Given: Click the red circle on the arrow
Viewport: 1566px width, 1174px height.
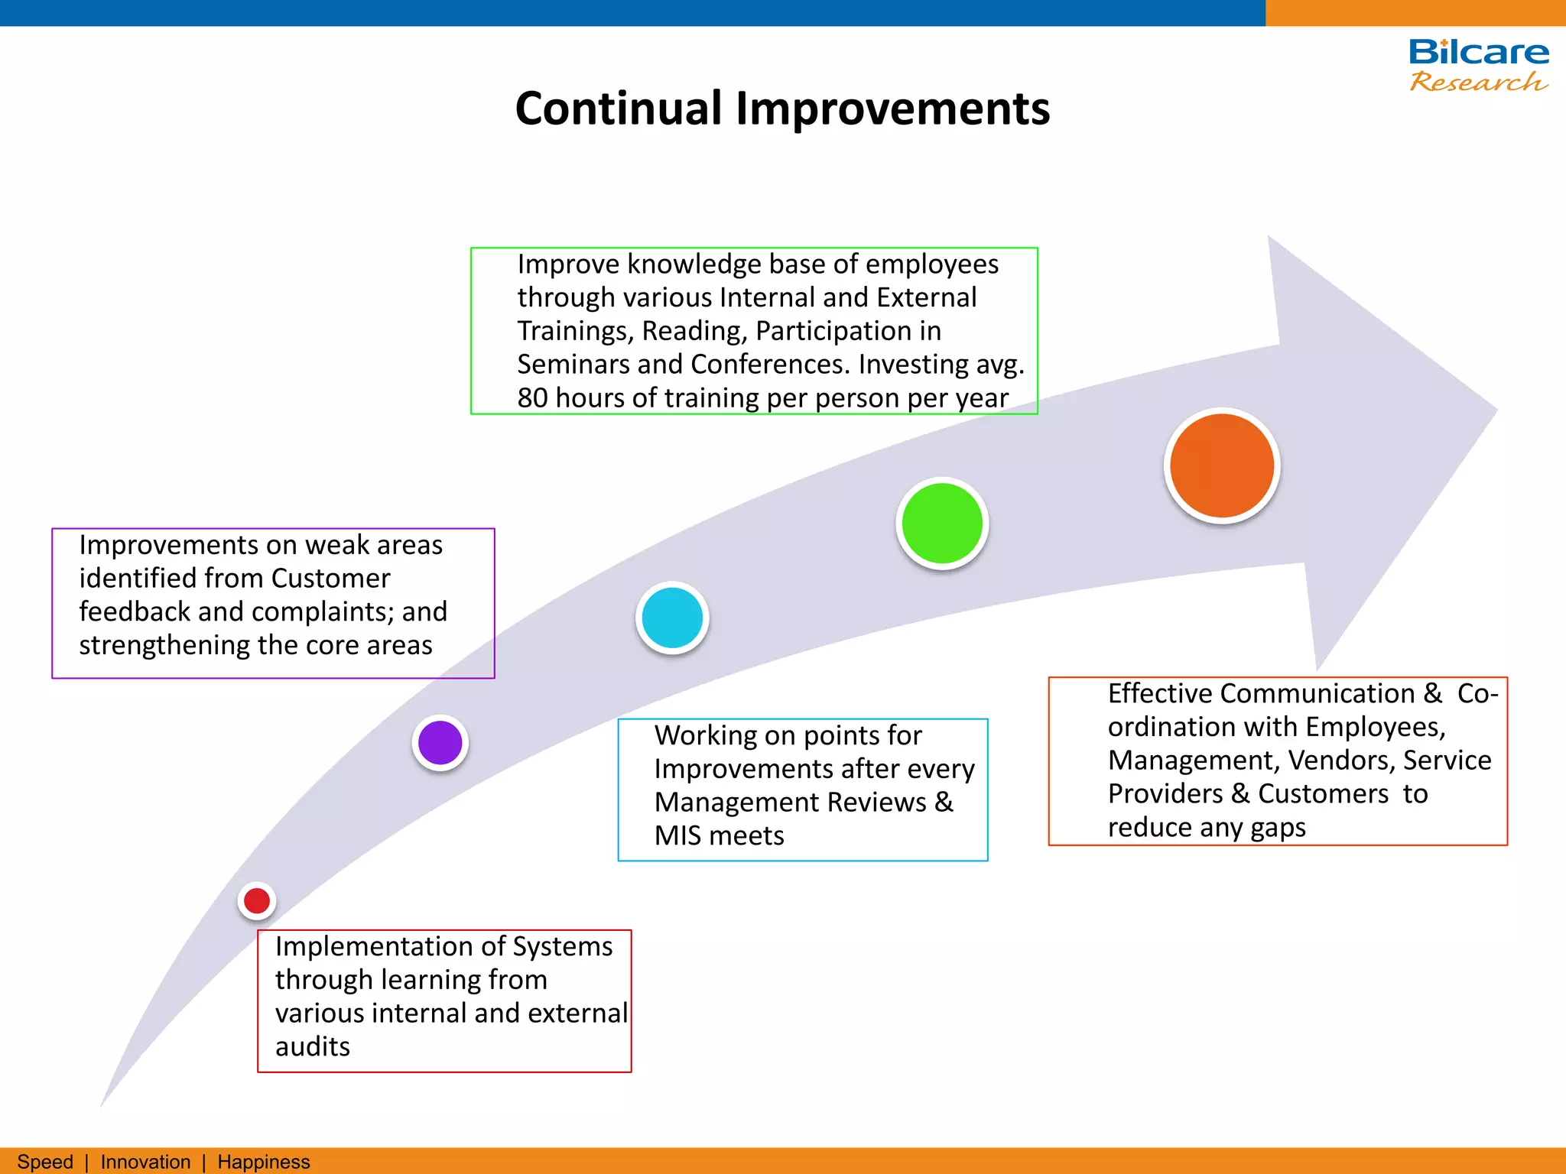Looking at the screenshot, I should point(257,900).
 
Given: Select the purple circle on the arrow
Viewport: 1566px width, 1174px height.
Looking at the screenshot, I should point(440,742).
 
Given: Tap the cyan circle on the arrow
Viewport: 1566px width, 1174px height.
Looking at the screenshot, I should point(672,618).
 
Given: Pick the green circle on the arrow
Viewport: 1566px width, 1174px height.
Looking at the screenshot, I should point(942,524).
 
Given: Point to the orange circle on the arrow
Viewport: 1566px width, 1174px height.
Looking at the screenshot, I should point(1222,465).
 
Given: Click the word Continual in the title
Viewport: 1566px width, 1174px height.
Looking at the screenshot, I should point(618,108).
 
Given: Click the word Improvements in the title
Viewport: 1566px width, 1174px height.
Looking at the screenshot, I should point(892,108).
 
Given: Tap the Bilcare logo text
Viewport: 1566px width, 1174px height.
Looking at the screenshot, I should point(1478,52).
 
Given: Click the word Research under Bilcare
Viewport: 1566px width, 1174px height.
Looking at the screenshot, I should point(1478,81).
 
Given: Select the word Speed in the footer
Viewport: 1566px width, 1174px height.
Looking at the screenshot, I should point(45,1162).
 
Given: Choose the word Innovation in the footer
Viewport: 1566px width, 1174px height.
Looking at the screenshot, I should point(145,1162).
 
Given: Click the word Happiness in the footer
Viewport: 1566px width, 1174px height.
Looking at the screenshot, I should point(264,1162).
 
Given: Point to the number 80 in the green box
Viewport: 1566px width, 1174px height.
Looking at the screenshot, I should point(532,398).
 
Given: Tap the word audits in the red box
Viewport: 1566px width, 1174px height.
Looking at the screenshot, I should point(312,1046).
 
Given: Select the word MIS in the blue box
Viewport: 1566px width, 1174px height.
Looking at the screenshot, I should point(677,835).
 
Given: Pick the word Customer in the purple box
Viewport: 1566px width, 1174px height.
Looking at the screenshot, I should point(330,579).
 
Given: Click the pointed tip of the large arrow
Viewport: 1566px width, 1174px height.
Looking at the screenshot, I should point(1494,410).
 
